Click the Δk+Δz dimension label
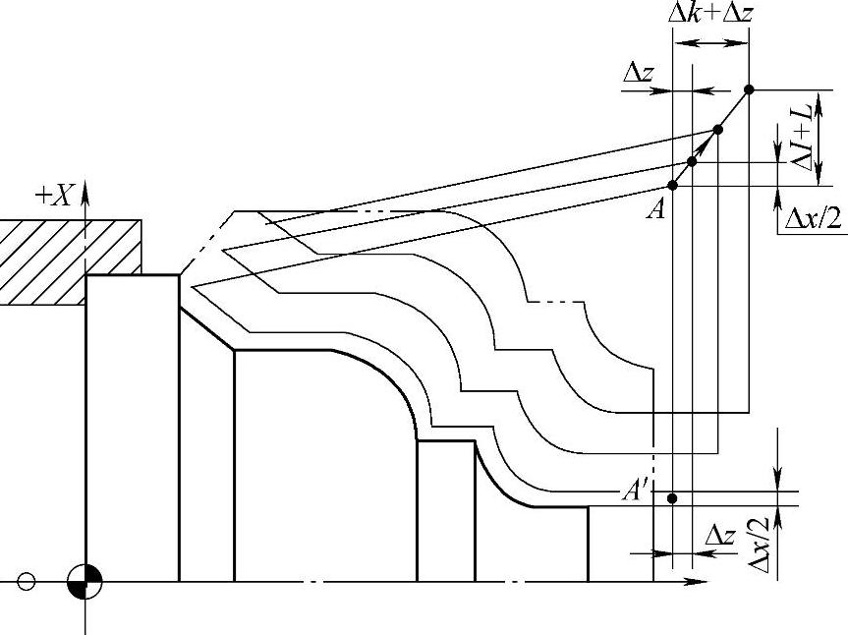click(711, 14)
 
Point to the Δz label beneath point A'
click(720, 536)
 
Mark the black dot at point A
click(673, 185)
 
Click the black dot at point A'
click(672, 498)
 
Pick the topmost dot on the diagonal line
click(749, 89)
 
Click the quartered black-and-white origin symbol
click(85, 582)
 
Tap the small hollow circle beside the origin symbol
click(27, 582)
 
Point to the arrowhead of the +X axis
click(85, 188)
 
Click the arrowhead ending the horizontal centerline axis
click(698, 582)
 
